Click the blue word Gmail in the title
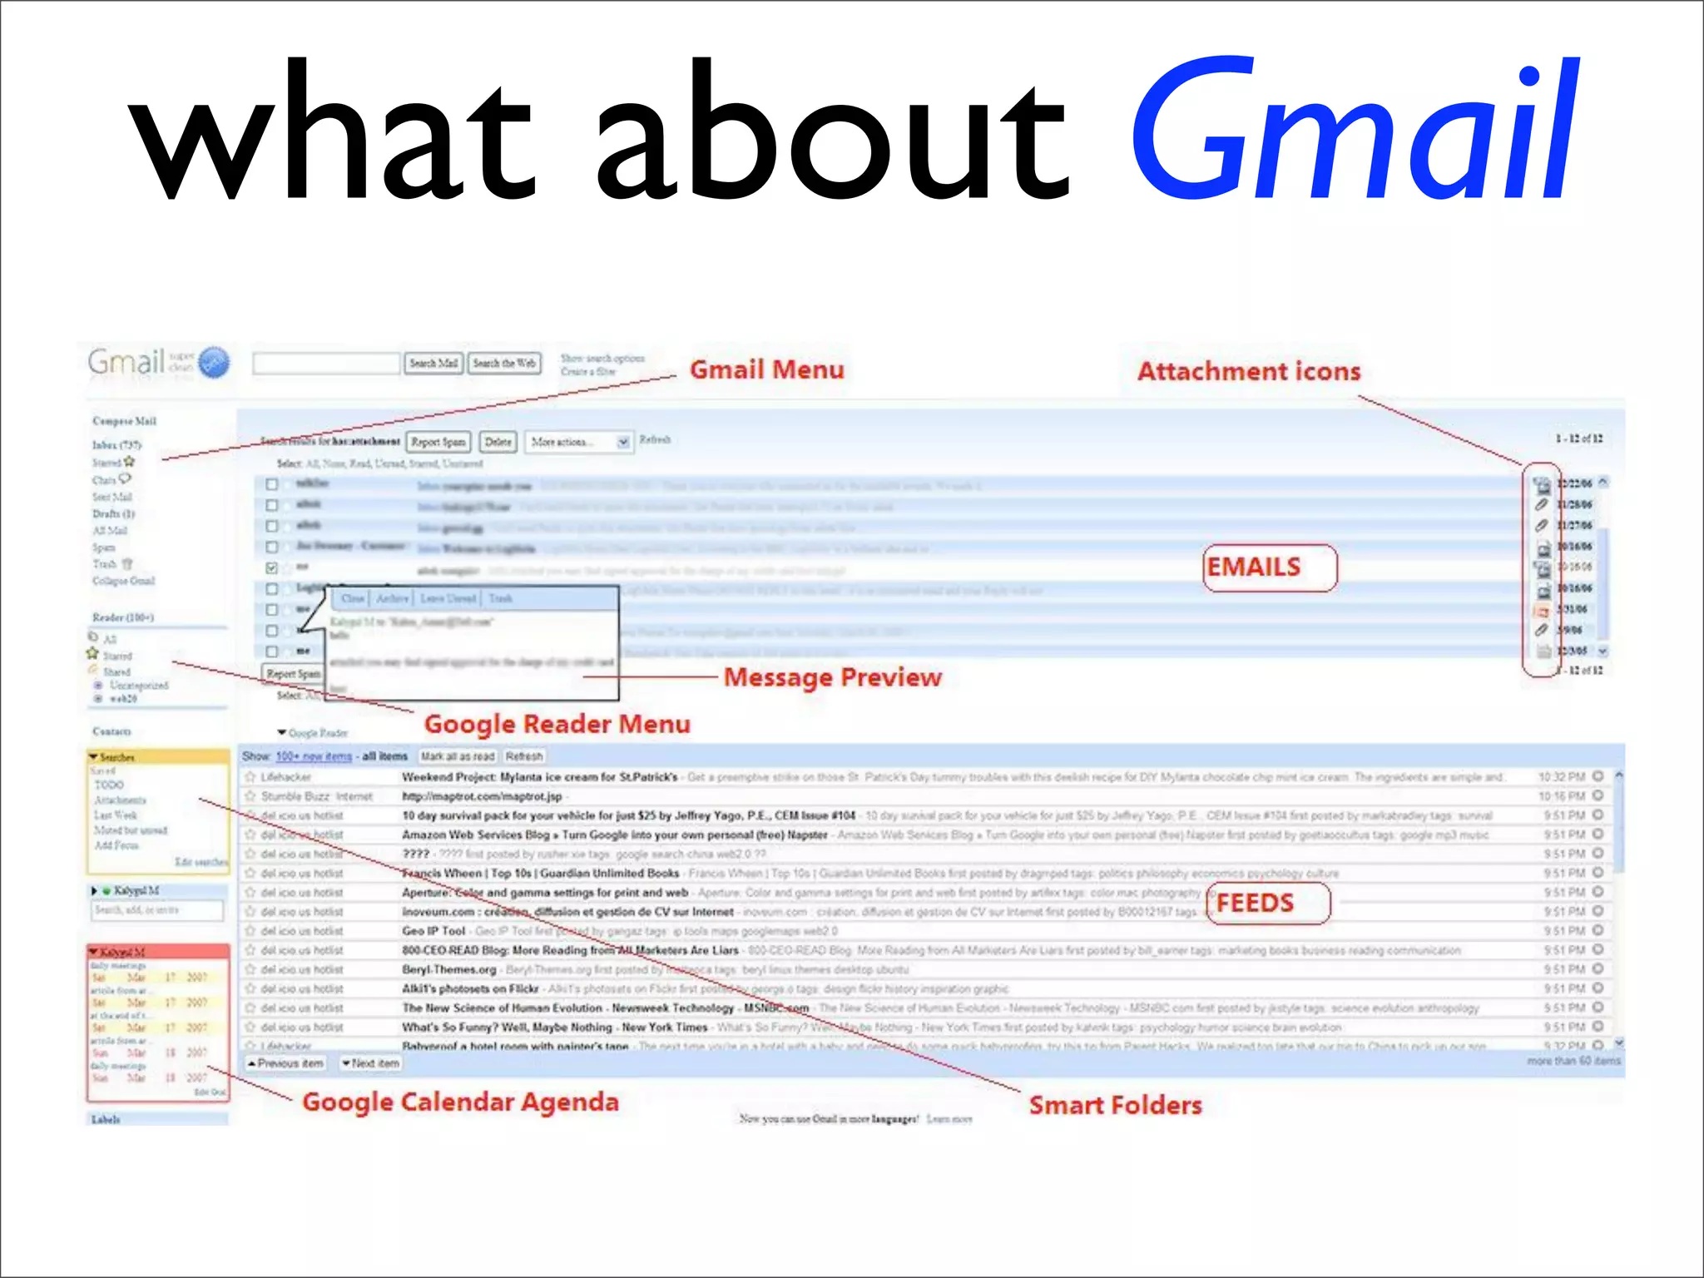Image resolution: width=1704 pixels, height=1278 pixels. pos(1355,133)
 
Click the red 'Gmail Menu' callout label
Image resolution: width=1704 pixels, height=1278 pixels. pos(766,369)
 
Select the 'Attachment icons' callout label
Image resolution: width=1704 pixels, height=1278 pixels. pos(1248,371)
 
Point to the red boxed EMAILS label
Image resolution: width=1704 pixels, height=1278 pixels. pos(1254,567)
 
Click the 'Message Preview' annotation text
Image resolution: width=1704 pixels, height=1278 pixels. pos(832,677)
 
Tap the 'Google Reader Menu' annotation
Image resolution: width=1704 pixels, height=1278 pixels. pos(557,724)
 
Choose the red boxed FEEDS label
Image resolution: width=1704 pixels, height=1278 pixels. pos(1255,903)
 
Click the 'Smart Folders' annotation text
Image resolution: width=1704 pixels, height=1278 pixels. pos(1115,1105)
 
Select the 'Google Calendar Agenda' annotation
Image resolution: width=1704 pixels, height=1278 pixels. pos(460,1102)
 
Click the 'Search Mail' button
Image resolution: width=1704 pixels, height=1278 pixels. pos(433,364)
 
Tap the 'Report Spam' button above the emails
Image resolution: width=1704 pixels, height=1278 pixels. pos(438,442)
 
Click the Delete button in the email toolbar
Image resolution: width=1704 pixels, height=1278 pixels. pos(498,442)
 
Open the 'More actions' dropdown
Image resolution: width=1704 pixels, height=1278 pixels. pos(578,442)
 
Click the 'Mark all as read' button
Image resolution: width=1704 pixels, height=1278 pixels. pos(457,756)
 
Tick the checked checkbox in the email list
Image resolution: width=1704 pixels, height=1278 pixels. pos(271,568)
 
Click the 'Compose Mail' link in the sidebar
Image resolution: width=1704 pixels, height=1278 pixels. pos(124,421)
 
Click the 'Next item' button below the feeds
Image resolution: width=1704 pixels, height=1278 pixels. pos(371,1063)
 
